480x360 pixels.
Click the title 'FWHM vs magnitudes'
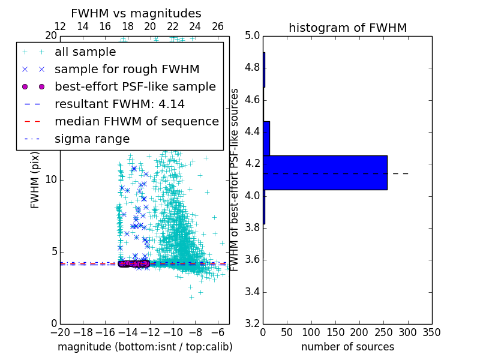point(136,13)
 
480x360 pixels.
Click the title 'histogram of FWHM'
point(347,28)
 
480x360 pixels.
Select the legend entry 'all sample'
point(85,52)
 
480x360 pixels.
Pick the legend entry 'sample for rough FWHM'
point(127,69)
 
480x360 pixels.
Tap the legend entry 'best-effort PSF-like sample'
point(135,86)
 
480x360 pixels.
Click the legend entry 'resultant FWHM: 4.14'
point(119,104)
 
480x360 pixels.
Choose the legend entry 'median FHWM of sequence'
point(136,121)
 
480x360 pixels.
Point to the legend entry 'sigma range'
point(92,139)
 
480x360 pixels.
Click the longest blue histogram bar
point(325,173)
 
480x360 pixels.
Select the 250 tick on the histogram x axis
point(383,332)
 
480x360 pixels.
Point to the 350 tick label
point(431,332)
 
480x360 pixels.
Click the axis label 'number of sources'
point(347,347)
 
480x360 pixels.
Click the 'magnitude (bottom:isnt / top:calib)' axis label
point(145,347)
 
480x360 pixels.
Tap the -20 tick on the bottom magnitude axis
point(60,332)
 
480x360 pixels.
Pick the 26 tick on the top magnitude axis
point(218,26)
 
